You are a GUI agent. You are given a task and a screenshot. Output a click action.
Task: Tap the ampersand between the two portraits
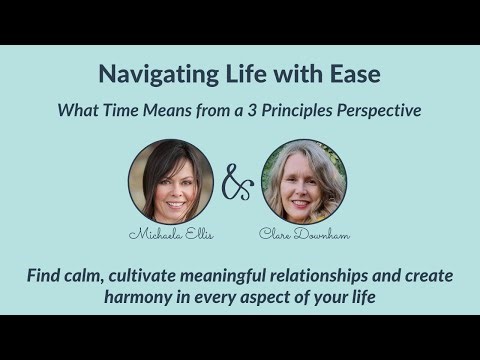237,182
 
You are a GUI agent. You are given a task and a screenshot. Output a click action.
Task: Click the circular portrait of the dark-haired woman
170,180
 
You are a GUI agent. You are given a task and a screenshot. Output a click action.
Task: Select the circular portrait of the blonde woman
304,180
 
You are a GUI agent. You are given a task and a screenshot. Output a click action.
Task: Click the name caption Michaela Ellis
170,234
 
